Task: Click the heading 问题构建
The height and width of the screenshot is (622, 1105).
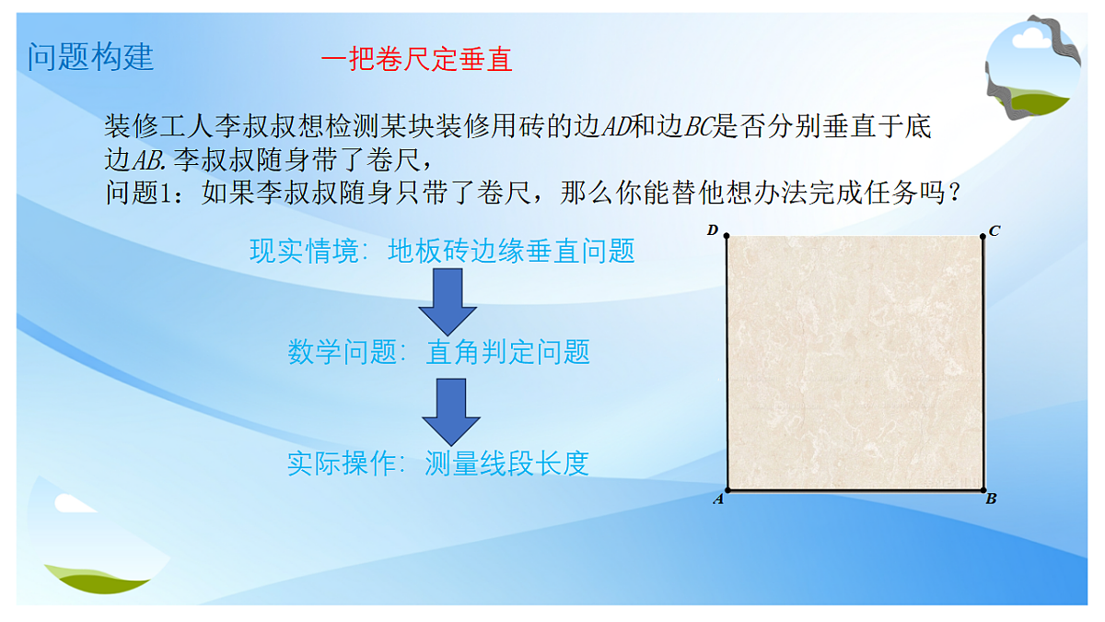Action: pos(90,57)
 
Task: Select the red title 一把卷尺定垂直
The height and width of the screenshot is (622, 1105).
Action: pos(416,60)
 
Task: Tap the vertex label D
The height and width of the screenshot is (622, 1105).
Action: pos(712,230)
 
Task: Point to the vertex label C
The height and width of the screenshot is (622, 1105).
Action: pos(994,231)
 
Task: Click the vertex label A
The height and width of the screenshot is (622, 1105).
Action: pos(718,499)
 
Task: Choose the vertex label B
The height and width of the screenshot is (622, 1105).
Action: pos(992,499)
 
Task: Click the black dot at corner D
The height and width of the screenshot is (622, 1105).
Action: pos(727,237)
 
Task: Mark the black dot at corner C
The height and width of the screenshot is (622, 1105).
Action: pos(983,236)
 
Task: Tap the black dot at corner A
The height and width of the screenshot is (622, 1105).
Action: pos(727,490)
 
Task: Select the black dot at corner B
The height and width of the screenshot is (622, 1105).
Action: pos(983,490)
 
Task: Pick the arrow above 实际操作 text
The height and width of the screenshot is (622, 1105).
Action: pos(451,412)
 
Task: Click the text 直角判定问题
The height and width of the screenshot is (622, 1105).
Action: pos(507,353)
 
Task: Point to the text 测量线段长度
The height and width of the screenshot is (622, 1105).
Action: pos(506,464)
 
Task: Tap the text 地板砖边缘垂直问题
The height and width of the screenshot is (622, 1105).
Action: pos(512,252)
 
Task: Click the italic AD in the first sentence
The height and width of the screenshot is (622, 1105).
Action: pos(616,127)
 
